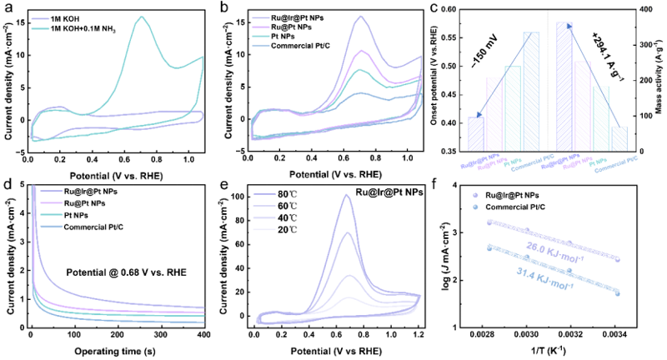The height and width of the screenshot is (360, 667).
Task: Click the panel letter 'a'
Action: (x=7, y=7)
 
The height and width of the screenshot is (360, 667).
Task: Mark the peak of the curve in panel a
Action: (x=143, y=17)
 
